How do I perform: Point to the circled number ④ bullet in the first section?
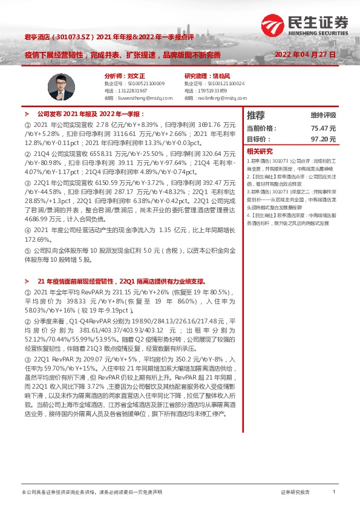pyautogui.click(x=27, y=230)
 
